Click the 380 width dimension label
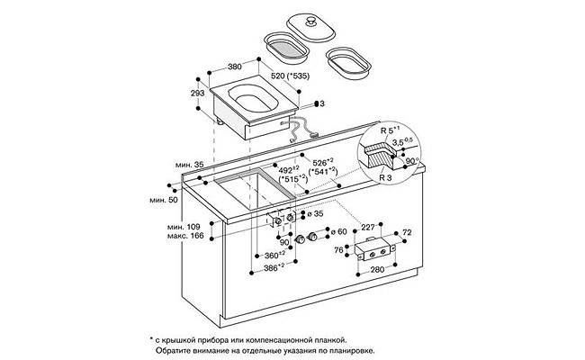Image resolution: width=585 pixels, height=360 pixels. coord(234,67)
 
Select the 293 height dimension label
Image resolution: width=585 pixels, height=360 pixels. coord(197,93)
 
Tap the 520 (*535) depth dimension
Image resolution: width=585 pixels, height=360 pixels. coord(291,76)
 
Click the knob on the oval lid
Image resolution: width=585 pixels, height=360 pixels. coord(310,22)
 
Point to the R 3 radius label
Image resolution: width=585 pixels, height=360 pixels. coord(385,177)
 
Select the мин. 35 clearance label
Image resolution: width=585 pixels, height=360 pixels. coord(190,165)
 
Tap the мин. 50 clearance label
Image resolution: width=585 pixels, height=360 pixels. coord(164,200)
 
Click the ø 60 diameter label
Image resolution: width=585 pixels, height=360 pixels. coord(339,231)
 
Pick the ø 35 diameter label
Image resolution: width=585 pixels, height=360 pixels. coord(315,214)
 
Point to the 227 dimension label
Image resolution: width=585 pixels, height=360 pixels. coord(368,227)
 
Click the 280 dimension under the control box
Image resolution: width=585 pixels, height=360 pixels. coord(377,269)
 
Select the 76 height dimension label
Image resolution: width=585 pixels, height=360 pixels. coord(338,250)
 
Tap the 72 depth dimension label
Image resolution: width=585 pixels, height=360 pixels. coord(407,232)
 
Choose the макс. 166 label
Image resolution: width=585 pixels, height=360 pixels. coord(185,236)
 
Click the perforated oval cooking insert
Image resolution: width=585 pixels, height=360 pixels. coord(286,48)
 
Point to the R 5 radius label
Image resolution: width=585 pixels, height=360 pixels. coord(390,130)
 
